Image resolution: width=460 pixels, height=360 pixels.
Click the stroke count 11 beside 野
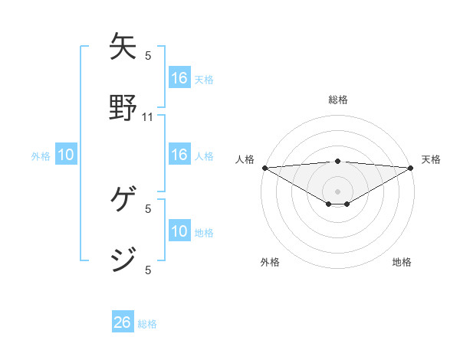tap(148, 117)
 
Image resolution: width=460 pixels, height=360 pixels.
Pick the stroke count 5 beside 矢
tap(148, 55)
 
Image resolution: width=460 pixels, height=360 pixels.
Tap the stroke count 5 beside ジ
tap(148, 270)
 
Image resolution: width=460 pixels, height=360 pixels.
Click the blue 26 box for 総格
tap(123, 322)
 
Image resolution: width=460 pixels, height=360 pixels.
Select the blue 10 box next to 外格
tap(66, 155)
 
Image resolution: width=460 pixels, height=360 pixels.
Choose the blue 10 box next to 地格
tap(179, 231)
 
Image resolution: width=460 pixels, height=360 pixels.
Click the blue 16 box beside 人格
tap(179, 155)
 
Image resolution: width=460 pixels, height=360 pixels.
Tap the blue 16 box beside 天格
tap(179, 78)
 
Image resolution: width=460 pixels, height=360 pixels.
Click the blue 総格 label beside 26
tap(147, 324)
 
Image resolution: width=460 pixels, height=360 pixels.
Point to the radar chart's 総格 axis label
tap(338, 100)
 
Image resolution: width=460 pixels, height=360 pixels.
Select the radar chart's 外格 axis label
tap(270, 262)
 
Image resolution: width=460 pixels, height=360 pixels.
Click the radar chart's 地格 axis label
tap(402, 262)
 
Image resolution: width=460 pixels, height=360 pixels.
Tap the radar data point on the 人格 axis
tap(264, 168)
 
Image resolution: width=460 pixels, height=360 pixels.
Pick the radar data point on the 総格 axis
tap(338, 161)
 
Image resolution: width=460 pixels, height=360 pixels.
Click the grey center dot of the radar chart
tap(338, 191)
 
